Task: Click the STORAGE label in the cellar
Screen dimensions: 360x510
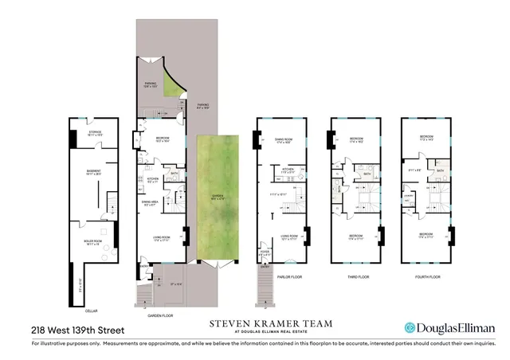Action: pos(95,132)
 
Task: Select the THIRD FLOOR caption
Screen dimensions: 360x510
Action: pos(355,276)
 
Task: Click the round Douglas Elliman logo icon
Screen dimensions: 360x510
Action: pos(410,327)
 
